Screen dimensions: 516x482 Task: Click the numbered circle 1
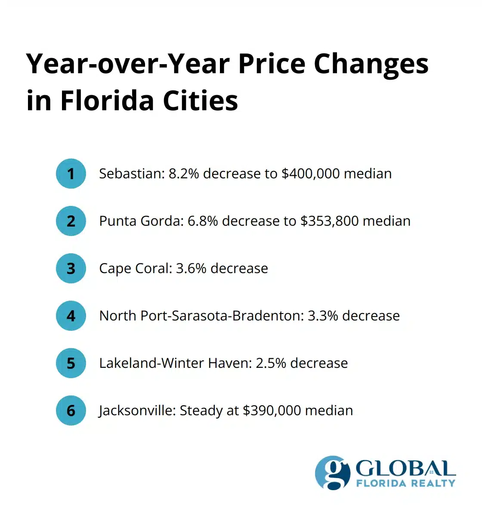[x=71, y=174]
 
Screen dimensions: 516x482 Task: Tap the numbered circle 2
[x=71, y=221]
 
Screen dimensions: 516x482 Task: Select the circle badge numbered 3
[x=71, y=268]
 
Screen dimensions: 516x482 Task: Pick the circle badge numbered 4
[x=71, y=316]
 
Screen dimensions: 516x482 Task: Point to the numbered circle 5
[x=71, y=363]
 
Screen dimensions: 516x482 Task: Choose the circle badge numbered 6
[x=71, y=410]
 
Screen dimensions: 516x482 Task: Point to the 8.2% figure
[x=183, y=174]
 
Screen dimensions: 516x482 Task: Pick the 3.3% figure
[x=323, y=316]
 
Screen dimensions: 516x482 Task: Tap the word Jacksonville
[x=137, y=410]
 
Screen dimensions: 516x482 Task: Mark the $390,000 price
[x=272, y=410]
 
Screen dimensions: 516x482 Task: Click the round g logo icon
[x=332, y=472]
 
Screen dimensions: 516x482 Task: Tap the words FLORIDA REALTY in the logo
[x=405, y=483]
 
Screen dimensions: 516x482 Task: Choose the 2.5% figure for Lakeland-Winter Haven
[x=271, y=363]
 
